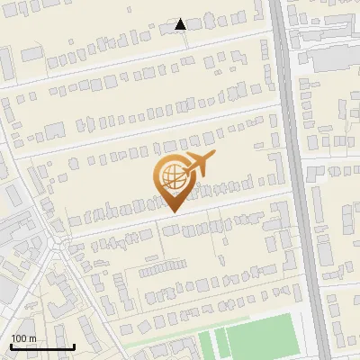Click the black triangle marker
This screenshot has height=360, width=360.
pos(181,24)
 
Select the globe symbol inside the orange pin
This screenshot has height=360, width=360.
pos(171,175)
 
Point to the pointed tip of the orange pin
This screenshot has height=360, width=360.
pos(172,212)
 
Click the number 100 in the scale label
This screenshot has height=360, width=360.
pos(19,338)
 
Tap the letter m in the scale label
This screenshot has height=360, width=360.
pos(32,338)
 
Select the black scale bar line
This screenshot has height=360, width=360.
pos(41,346)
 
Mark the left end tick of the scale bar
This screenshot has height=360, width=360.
pos(11,345)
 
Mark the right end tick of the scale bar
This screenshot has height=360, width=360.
pos(73,345)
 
